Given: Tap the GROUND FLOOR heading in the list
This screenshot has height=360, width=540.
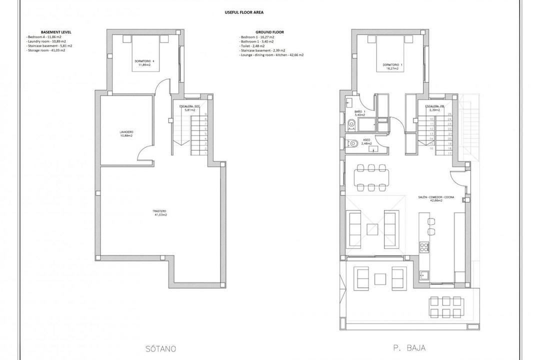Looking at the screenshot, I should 269,32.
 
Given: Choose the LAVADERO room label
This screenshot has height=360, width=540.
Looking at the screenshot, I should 126,133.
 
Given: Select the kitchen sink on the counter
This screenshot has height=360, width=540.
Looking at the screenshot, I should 424,273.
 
